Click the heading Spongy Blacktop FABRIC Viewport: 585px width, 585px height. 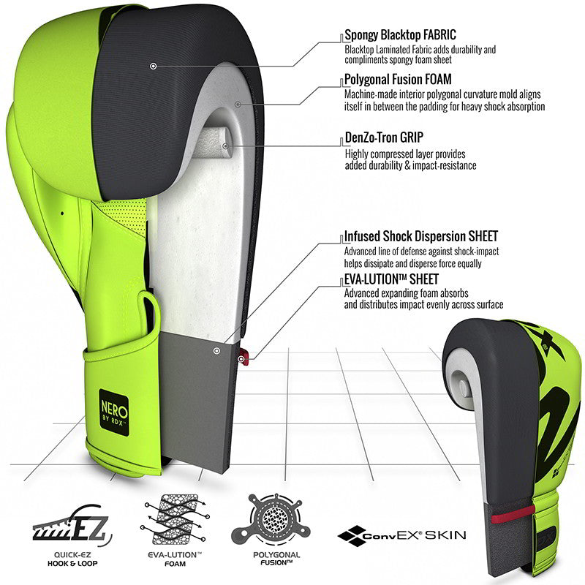click(x=400, y=35)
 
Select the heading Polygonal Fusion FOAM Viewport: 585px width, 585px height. click(x=398, y=80)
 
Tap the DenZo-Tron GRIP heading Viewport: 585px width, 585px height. click(x=384, y=137)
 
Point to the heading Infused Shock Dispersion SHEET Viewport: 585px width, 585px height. click(x=421, y=236)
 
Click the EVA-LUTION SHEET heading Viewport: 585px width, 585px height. click(x=391, y=279)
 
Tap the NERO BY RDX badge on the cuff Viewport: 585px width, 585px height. click(x=114, y=412)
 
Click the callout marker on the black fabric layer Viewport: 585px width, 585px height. click(x=153, y=66)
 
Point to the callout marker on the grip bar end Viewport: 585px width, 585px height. click(x=225, y=146)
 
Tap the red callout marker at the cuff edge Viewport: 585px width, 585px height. click(x=241, y=359)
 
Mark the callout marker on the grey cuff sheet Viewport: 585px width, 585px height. click(x=216, y=351)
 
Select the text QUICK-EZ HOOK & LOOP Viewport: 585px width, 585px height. click(x=72, y=559)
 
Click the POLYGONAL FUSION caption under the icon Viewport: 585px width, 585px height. click(x=276, y=559)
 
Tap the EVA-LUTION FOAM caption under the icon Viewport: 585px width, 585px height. click(x=175, y=559)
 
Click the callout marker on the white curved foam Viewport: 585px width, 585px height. click(x=238, y=104)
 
